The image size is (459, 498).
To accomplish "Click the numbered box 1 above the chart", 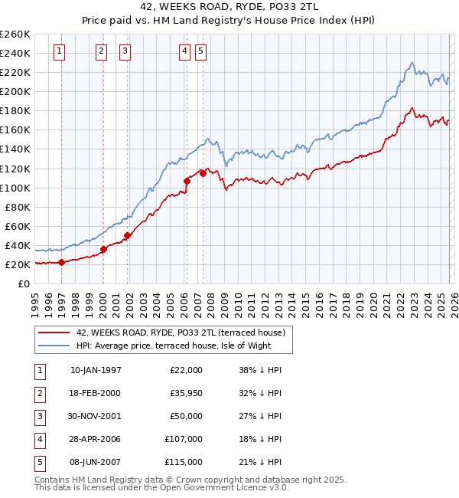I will (x=60, y=51).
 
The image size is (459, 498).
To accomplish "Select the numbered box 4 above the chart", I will (x=185, y=51).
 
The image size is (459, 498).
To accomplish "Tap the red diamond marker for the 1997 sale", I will (x=61, y=262).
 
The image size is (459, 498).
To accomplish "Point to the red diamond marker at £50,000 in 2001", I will (x=127, y=235).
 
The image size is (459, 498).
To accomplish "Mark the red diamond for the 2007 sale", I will (x=203, y=173).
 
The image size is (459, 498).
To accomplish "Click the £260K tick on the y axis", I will (x=15, y=34).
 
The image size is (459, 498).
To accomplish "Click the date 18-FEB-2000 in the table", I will (x=95, y=393).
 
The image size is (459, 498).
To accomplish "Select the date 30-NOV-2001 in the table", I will (x=95, y=416).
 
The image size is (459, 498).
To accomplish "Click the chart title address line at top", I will (x=229, y=8).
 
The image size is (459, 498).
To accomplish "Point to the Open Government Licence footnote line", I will (x=151, y=487).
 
